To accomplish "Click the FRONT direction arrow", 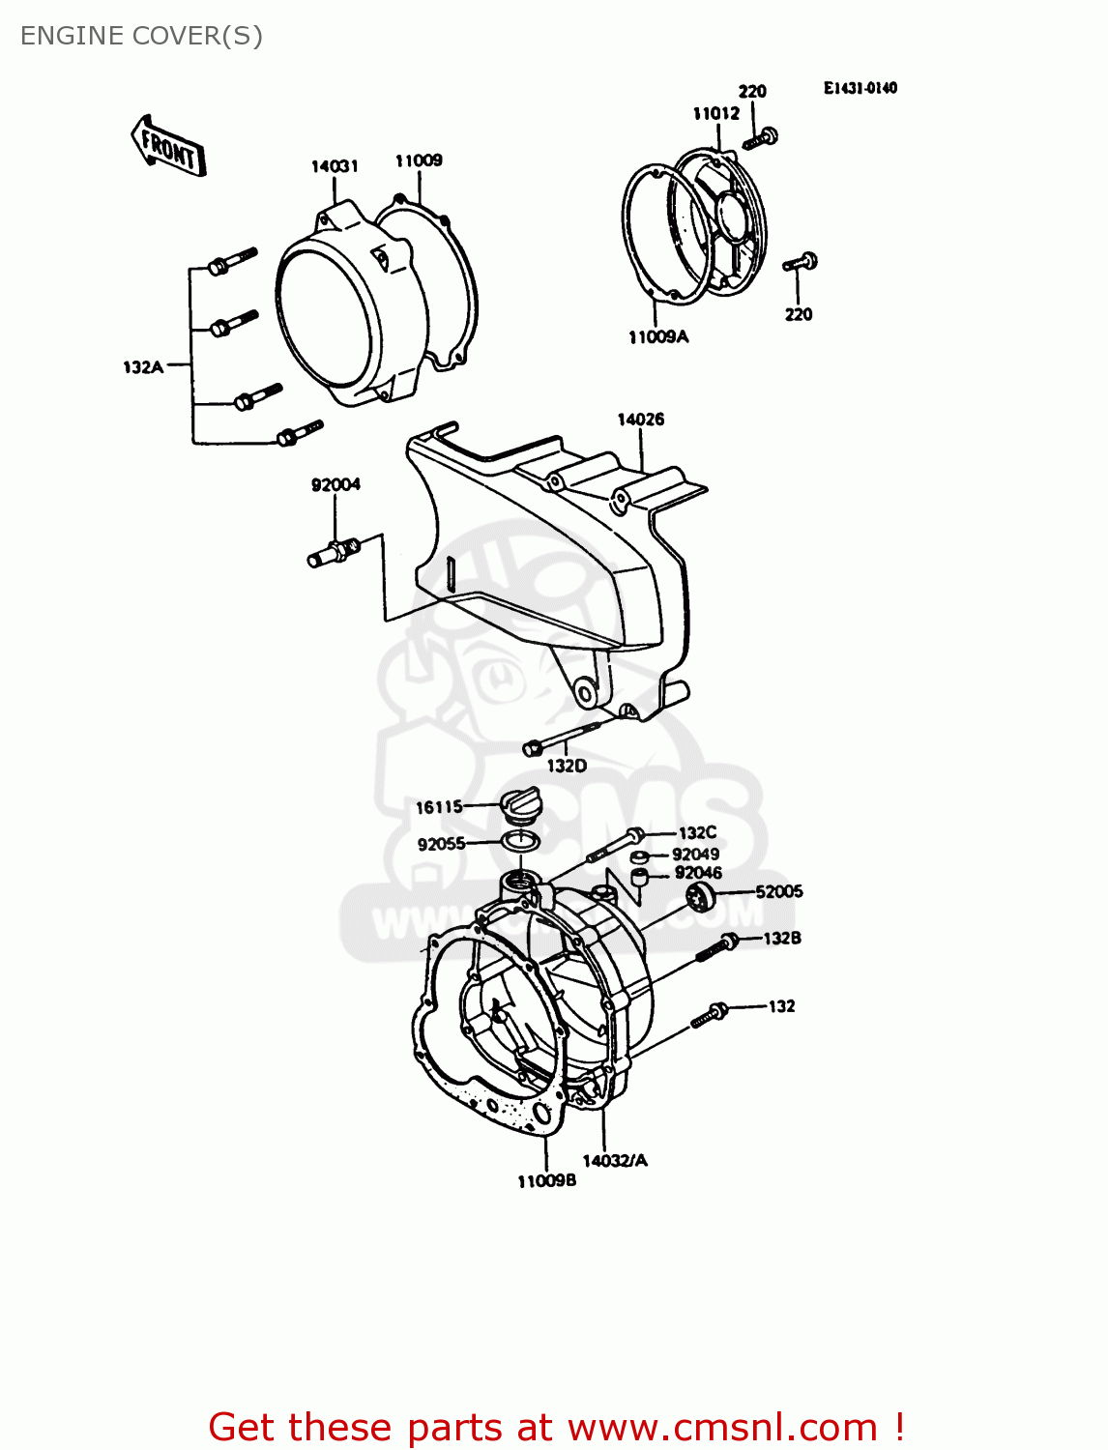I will [x=168, y=147].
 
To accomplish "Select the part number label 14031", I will [x=335, y=166].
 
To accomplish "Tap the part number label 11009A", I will [x=658, y=337].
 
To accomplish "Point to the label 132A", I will [x=143, y=367].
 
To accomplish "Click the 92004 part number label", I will [x=335, y=485].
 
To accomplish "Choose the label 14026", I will [x=641, y=420].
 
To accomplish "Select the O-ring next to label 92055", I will [x=520, y=841].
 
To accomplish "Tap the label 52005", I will [x=778, y=891].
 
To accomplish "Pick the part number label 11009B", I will [x=546, y=1181].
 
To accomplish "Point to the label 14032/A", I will [x=615, y=1161].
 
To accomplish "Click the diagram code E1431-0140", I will [x=860, y=88].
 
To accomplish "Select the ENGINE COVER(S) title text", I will [x=141, y=36].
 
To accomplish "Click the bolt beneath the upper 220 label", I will [x=761, y=138].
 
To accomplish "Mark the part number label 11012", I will [x=716, y=114].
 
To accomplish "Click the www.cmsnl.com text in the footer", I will [x=721, y=1428].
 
